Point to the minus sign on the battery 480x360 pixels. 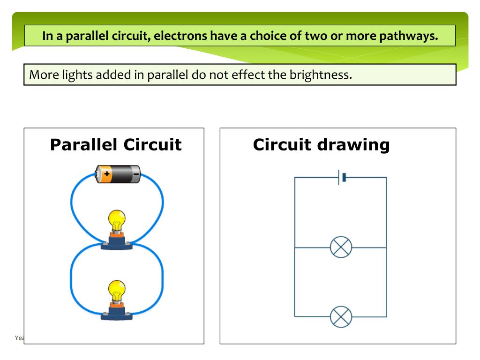[x=135, y=174]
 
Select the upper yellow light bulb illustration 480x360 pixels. [x=117, y=219]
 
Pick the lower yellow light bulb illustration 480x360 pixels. [x=117, y=290]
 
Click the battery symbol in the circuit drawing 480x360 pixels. [x=341, y=177]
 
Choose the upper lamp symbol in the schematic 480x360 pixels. [x=341, y=247]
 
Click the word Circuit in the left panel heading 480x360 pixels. [x=152, y=144]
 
